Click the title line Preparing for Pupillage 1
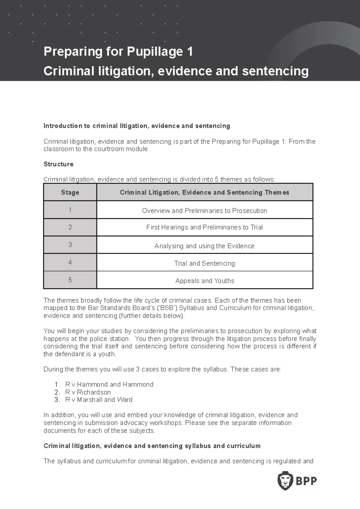coord(118,52)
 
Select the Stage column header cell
coord(70,192)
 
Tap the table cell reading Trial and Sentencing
coord(204,263)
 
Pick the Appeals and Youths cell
coord(205,281)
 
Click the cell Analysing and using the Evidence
coord(204,246)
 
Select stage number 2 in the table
coord(70,227)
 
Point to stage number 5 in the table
coord(70,280)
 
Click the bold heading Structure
coord(58,164)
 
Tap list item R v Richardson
coord(88,392)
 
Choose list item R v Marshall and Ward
coord(98,400)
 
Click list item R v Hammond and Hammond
coord(109,384)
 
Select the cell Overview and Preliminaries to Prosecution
coord(204,210)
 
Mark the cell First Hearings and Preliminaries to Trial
coord(204,227)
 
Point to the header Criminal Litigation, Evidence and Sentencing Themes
coord(204,192)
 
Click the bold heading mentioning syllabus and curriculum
coord(152,446)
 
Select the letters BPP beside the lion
coord(306,481)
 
